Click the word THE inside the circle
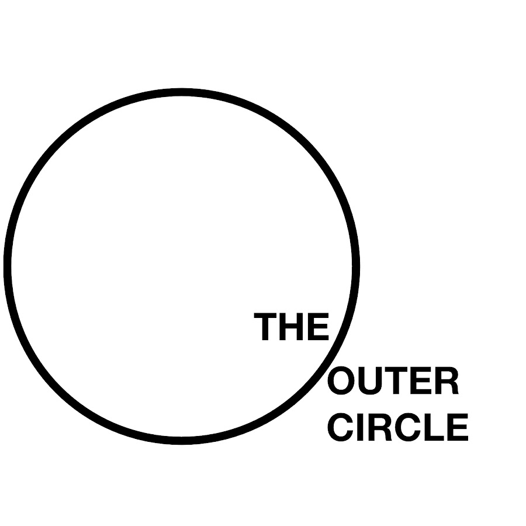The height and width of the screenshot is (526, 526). pyautogui.click(x=292, y=327)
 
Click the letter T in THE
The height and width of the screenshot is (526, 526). pyautogui.click(x=267, y=327)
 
